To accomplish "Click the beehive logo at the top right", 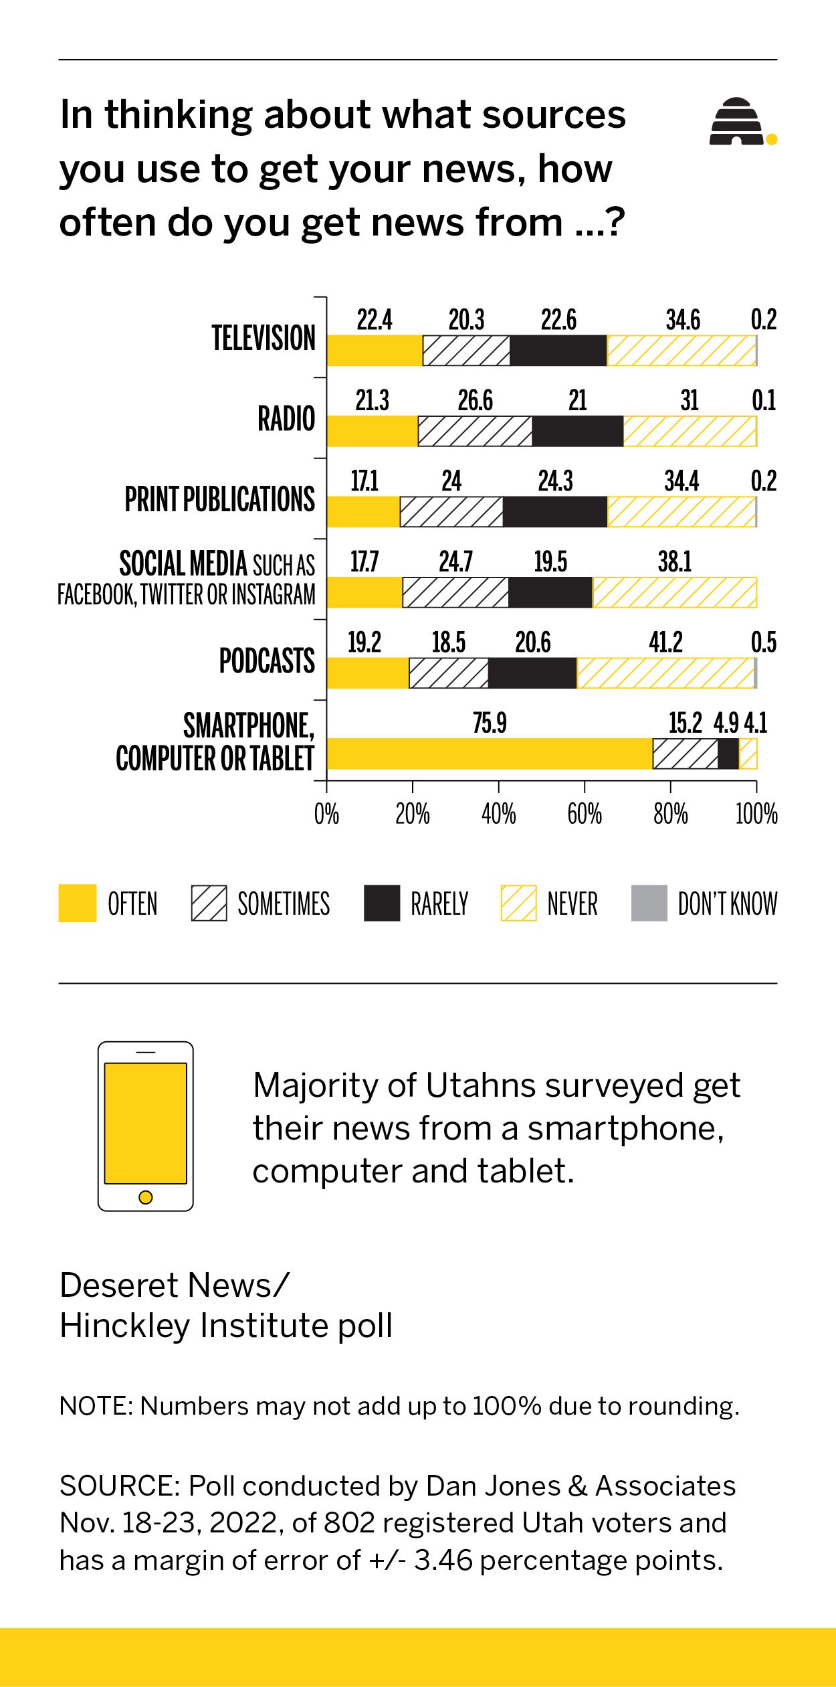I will [737, 122].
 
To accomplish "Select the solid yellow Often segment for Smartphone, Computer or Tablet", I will [489, 754].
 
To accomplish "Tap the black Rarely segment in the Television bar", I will [558, 351].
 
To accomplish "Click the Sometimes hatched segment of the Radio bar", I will [475, 431].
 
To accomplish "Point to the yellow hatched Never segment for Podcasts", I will [665, 673].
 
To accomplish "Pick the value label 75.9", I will [490, 723].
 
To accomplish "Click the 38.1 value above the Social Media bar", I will [674, 562].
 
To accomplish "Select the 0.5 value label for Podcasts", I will [763, 642].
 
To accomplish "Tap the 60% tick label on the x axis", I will [585, 814].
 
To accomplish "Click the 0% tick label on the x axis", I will [326, 814].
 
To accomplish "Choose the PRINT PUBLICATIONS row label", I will [219, 499].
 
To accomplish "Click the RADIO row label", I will [286, 419].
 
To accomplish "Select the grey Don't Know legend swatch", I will [649, 903].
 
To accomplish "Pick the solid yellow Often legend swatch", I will [78, 903].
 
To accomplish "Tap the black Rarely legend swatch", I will [382, 903].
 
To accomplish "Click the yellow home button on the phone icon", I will [145, 1197].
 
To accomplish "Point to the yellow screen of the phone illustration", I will [145, 1123].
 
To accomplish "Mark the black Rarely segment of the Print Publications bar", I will [554, 512].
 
